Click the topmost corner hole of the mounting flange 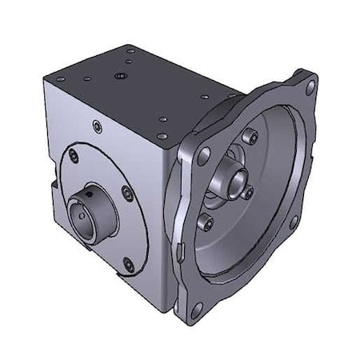point(309,82)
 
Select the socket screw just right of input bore point(248,193)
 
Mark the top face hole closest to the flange point(163,120)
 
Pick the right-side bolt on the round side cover point(126,191)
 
